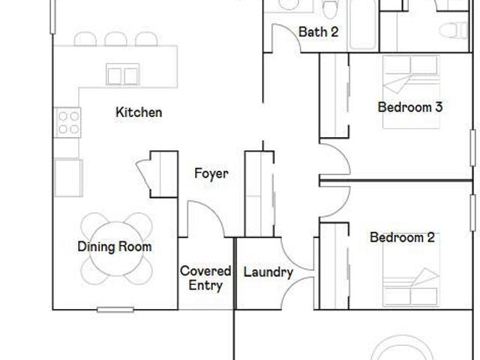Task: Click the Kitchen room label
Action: (x=139, y=112)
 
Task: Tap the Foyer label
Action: (x=211, y=173)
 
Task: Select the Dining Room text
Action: (x=115, y=247)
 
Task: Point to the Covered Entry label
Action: (x=205, y=278)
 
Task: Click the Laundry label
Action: (x=268, y=272)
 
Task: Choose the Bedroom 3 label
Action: (x=410, y=107)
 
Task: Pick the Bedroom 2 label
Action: (x=402, y=238)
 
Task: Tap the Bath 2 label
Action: (x=318, y=31)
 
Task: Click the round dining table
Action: (x=116, y=248)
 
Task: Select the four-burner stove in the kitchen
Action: (x=67, y=122)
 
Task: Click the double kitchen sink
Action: (x=123, y=74)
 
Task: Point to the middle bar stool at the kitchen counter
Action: (x=115, y=39)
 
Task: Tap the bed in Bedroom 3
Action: (x=411, y=91)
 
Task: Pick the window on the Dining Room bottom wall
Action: (x=115, y=310)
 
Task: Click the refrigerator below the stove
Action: (x=68, y=178)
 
